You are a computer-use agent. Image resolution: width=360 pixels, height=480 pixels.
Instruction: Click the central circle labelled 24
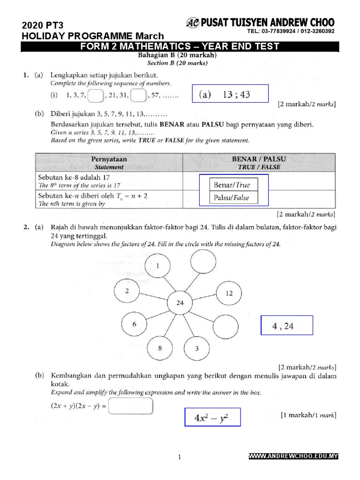180,302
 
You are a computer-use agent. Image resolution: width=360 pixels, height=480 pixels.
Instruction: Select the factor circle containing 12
229,293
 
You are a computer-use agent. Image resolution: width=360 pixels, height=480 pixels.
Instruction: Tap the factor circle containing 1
157,266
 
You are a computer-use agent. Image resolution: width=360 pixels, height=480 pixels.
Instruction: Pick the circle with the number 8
159,348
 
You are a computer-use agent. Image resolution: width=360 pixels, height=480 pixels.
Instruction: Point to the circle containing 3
197,348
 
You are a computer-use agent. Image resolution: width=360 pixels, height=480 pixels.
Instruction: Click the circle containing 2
127,291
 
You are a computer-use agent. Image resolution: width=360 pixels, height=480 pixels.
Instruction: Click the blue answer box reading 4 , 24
286,326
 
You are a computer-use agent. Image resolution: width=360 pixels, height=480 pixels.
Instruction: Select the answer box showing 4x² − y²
211,417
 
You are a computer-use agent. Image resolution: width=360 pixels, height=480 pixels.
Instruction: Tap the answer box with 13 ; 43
230,94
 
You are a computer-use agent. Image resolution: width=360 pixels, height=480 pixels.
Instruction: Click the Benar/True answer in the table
233,185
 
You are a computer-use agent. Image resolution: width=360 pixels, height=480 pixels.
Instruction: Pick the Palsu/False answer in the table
233,197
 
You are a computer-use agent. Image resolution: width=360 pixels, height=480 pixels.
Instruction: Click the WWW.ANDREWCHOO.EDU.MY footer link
292,456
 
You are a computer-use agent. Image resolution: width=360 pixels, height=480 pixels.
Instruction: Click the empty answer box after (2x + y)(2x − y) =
130,406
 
